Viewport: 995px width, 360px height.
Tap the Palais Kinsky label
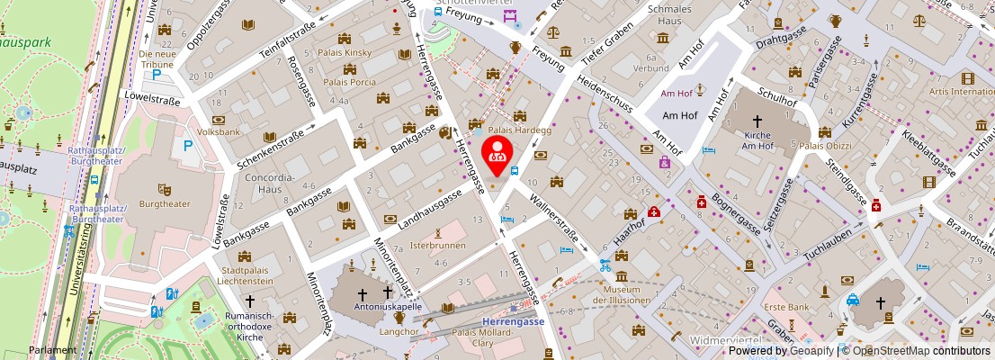click(x=346, y=53)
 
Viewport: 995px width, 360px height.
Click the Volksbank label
click(x=218, y=130)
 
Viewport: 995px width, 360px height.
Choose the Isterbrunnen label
click(x=438, y=245)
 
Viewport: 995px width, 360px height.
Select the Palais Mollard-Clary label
click(x=487, y=338)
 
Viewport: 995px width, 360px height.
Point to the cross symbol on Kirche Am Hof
click(x=757, y=121)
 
